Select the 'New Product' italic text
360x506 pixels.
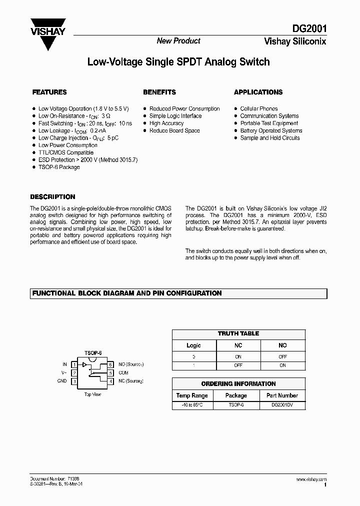click(x=178, y=41)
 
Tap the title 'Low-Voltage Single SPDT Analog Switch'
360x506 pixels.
click(x=178, y=62)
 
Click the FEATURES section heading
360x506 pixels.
click(x=49, y=92)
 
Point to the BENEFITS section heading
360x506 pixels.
click(x=159, y=92)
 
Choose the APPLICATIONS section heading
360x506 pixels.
click(x=258, y=92)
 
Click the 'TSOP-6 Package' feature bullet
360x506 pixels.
click(x=59, y=167)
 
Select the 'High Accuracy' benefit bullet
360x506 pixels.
click(x=166, y=123)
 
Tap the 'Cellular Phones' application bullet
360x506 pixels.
click(x=258, y=108)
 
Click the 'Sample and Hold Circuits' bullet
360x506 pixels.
click(x=270, y=138)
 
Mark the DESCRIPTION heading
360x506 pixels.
click(x=52, y=197)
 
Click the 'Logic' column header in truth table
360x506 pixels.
click(x=193, y=345)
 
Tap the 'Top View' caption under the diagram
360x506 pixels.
click(x=92, y=394)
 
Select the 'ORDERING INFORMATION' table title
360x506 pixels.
click(x=238, y=384)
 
